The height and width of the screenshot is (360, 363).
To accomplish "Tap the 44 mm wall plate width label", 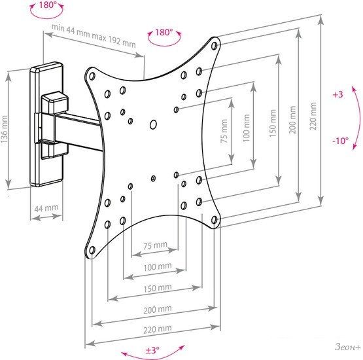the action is [46, 207].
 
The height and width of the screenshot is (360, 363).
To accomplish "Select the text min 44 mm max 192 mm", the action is [94, 35].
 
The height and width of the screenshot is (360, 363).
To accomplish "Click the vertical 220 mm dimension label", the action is [313, 116].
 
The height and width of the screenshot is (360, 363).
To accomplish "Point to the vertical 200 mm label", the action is [292, 120].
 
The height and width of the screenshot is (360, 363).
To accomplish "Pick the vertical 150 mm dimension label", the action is [273, 123].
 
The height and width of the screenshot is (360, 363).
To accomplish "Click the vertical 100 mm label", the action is [247, 128].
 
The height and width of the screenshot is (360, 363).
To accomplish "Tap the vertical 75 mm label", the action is [224, 131].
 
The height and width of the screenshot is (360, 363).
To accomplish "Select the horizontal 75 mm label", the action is [156, 245].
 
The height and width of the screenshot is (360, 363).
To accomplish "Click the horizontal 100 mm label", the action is [158, 267].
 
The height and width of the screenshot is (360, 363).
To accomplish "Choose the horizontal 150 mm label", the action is [158, 288].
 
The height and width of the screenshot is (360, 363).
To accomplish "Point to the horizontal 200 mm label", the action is [158, 310].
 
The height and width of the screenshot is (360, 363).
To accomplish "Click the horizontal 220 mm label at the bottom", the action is [158, 329].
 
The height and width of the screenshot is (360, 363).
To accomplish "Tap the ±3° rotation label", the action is [152, 350].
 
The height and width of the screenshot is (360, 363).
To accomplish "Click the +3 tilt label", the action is [337, 94].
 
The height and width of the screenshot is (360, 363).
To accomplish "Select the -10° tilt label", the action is [341, 141].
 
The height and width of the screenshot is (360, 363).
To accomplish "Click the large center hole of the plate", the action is [153, 124].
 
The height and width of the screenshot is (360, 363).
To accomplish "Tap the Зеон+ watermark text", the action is [348, 347].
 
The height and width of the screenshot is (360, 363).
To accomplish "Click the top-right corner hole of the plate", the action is [215, 46].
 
